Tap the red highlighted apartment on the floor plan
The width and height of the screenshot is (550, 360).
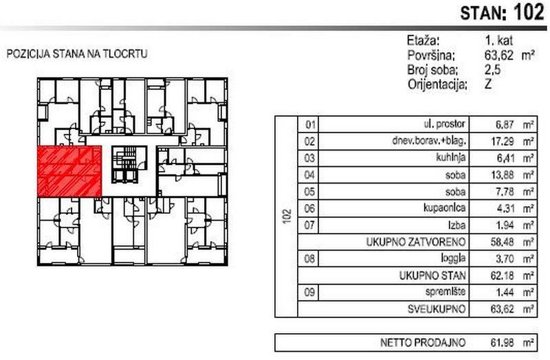click(x=69, y=170)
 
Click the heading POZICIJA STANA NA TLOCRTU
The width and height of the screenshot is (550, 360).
click(x=77, y=54)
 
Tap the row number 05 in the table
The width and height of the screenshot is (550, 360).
click(x=309, y=192)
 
